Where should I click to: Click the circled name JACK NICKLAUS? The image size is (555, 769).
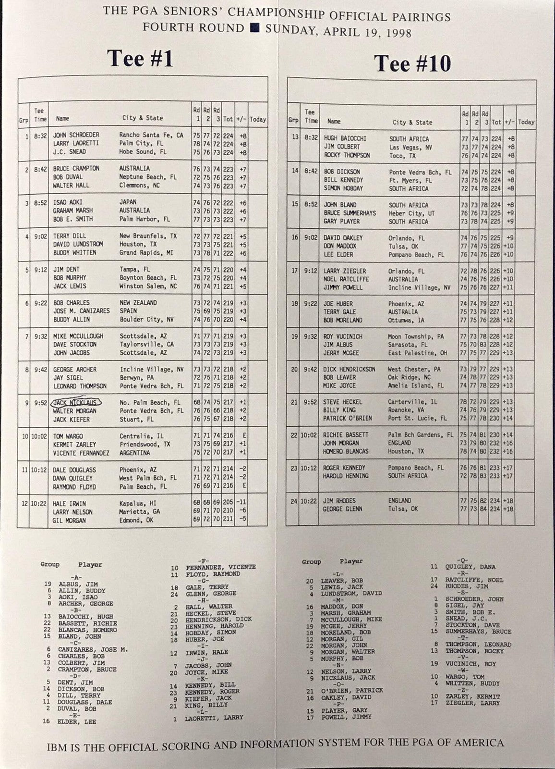75,403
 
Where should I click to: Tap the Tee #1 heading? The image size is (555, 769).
140,59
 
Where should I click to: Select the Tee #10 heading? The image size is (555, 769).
412,63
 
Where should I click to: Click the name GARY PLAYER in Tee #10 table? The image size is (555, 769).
342,222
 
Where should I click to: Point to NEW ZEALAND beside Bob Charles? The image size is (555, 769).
138,303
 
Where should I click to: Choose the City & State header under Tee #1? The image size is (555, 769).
143,118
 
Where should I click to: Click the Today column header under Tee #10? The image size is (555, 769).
526,122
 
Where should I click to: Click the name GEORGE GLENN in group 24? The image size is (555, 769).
343,509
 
